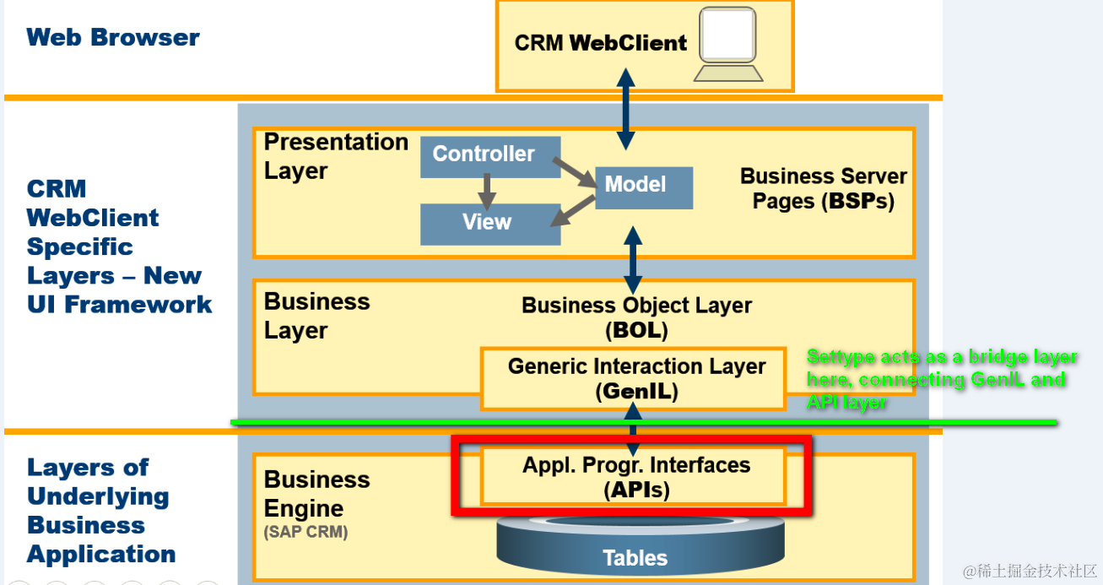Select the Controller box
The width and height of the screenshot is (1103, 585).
(489, 155)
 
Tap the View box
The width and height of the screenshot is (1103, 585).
(489, 223)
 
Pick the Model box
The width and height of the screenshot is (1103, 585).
(643, 187)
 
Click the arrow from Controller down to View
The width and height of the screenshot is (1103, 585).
(487, 191)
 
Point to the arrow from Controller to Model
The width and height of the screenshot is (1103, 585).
(577, 172)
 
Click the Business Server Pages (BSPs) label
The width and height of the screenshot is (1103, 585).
(823, 188)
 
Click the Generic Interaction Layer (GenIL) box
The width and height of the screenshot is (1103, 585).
(636, 379)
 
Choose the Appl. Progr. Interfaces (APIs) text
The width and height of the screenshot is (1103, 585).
(636, 477)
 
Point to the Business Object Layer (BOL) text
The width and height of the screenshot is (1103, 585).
(636, 317)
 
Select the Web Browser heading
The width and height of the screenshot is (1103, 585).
(113, 37)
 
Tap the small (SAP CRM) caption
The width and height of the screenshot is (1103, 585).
(305, 533)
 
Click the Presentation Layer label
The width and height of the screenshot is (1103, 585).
(335, 156)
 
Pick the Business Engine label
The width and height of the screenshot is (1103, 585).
(316, 494)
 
